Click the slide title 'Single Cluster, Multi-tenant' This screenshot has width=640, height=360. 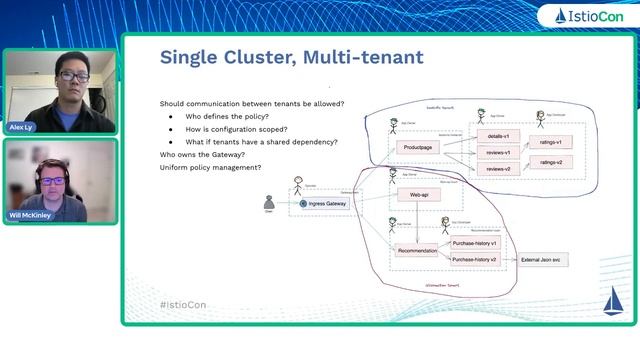[291, 58]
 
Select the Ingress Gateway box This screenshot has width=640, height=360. [329, 204]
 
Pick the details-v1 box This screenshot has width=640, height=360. [493, 135]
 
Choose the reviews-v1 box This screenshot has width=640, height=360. [493, 152]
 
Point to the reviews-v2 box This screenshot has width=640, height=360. [493, 169]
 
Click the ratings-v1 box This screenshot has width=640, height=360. [552, 143]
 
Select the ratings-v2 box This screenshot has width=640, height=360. [552, 162]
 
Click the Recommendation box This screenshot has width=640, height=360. [416, 251]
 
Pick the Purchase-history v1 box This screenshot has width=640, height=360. [474, 243]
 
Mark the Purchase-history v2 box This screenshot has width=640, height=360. [474, 260]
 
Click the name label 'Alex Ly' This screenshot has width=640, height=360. [20, 127]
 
